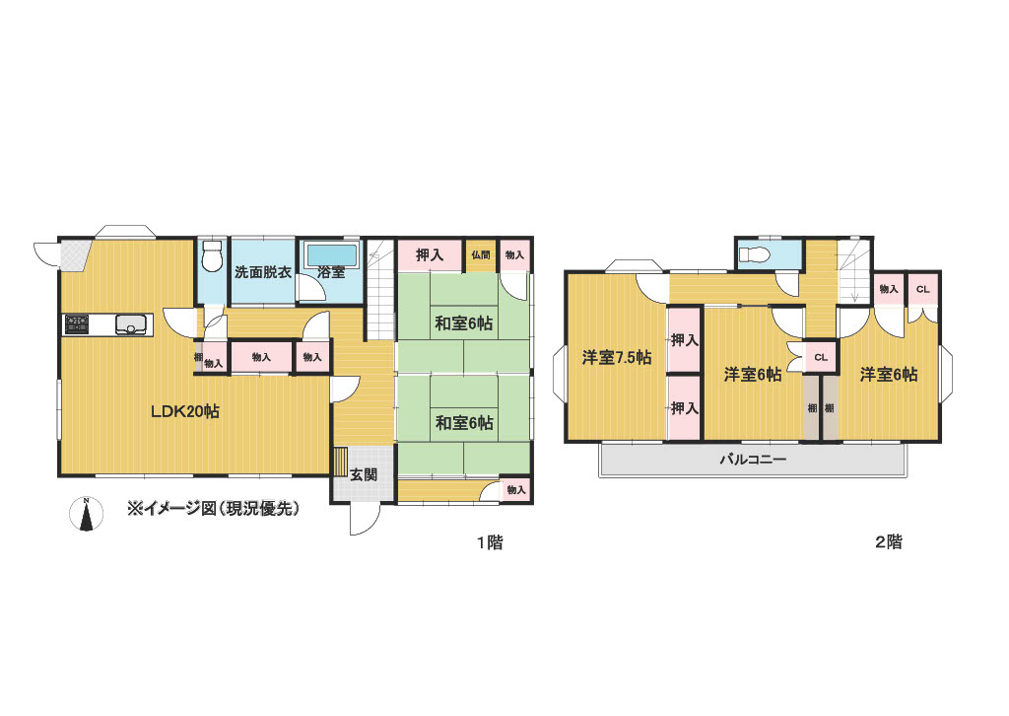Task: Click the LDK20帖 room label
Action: coord(185,411)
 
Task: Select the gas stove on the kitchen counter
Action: coord(77,323)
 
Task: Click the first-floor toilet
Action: coord(211,256)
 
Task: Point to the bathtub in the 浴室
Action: coord(331,255)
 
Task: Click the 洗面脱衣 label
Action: coord(263,272)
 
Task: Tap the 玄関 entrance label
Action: coord(363,475)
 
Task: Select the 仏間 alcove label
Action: coord(481,255)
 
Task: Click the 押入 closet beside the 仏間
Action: coord(430,255)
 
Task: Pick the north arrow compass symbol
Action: coord(87,515)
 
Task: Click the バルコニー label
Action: coord(752,460)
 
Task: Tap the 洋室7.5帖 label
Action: coord(617,357)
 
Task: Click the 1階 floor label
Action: coord(490,542)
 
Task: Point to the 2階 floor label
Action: coord(888,542)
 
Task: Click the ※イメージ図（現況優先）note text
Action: coord(214,509)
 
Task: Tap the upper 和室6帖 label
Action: coord(463,323)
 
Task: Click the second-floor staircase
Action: coord(854,271)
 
